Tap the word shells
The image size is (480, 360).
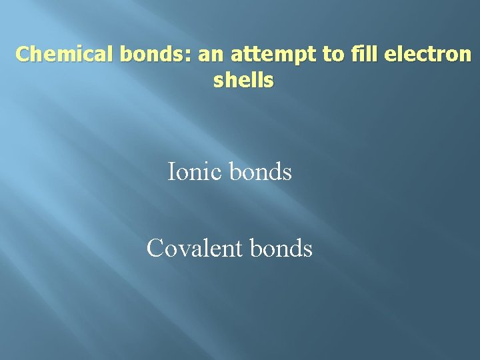tap(243, 81)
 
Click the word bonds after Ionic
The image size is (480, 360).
tap(261, 172)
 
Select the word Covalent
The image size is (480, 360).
tap(195, 248)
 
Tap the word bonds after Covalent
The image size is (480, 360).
tap(281, 248)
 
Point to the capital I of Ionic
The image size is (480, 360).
tap(171, 172)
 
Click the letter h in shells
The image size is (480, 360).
tap(231, 81)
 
